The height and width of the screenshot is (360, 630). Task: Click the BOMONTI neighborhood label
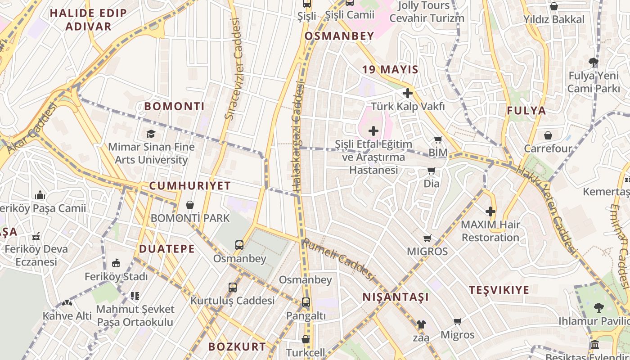(174, 107)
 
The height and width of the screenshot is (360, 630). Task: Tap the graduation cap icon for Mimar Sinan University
(151, 134)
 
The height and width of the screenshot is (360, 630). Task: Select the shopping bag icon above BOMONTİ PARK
(190, 205)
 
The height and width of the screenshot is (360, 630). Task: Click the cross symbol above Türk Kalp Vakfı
(408, 93)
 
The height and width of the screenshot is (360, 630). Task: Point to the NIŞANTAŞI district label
(396, 297)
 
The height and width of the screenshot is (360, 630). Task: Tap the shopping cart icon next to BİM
(438, 140)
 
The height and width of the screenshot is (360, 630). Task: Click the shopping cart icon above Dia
(431, 171)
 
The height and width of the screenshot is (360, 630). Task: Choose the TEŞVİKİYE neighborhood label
(499, 290)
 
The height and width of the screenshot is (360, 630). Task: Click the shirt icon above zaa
(421, 324)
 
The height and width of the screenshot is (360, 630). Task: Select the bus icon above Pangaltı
(306, 302)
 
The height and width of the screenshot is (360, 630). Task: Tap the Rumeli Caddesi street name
(338, 260)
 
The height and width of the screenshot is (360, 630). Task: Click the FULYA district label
(526, 111)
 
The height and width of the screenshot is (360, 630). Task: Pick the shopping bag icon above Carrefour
(548, 135)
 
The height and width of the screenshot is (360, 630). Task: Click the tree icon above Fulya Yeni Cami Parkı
(593, 62)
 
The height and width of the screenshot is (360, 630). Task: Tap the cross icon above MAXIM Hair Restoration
(490, 211)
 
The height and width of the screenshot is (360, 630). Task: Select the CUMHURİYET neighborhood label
(190, 186)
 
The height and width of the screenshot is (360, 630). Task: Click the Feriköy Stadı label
(116, 276)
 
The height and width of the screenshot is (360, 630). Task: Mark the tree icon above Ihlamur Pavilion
(598, 308)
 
